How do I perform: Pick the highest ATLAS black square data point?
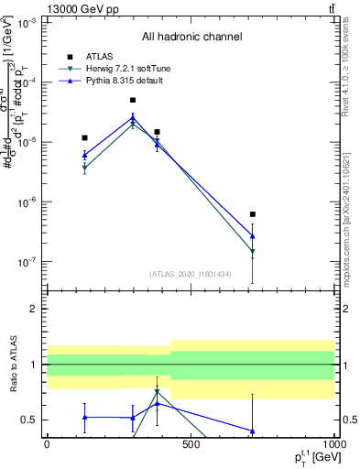point(133,100)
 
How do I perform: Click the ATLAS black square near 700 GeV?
point(252,214)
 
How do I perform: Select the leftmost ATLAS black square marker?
point(84,137)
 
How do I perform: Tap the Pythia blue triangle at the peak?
point(133,117)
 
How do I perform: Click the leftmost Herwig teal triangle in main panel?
point(84,169)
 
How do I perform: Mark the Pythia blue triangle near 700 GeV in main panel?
point(252,236)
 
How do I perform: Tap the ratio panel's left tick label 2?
point(32,310)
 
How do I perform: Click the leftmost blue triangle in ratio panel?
point(84,417)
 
